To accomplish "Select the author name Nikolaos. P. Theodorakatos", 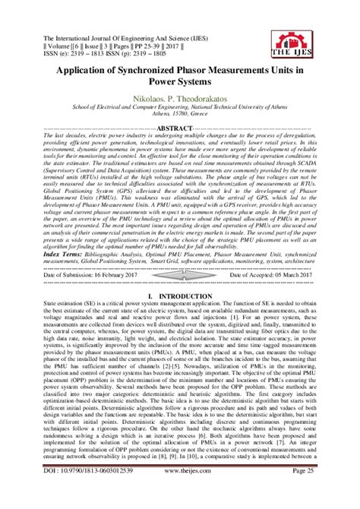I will pyautogui.click(x=179, y=99).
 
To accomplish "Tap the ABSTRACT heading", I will pyautogui.click(x=179, y=129).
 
